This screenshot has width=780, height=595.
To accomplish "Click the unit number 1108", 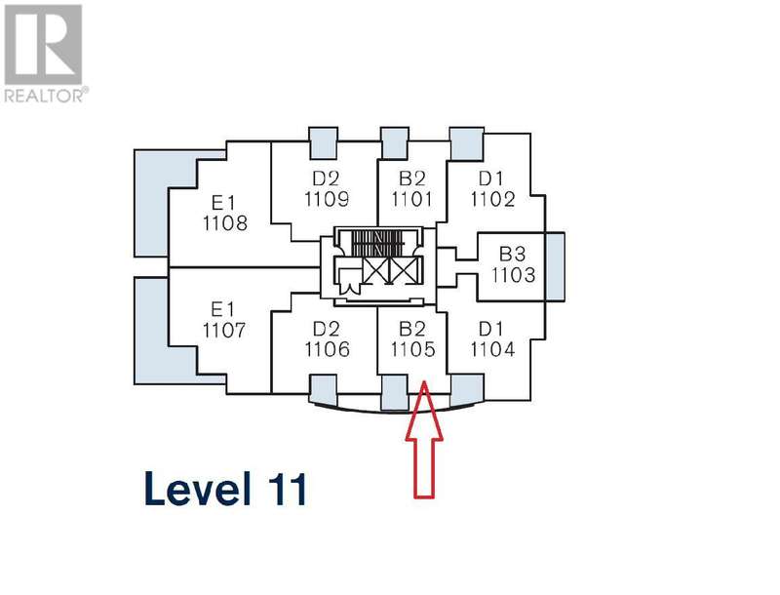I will (x=225, y=222).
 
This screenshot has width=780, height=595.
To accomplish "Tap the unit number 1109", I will (x=325, y=200).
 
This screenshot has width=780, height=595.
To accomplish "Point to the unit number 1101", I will (x=410, y=200).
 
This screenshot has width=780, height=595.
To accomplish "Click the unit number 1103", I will (x=514, y=275).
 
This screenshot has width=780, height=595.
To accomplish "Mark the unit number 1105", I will (x=412, y=349).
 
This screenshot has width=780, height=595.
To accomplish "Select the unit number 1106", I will (x=326, y=349).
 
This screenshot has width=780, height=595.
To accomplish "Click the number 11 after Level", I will (x=285, y=488).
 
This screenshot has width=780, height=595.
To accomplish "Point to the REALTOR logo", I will (x=45, y=53).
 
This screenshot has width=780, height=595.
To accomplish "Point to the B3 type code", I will (x=513, y=256).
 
